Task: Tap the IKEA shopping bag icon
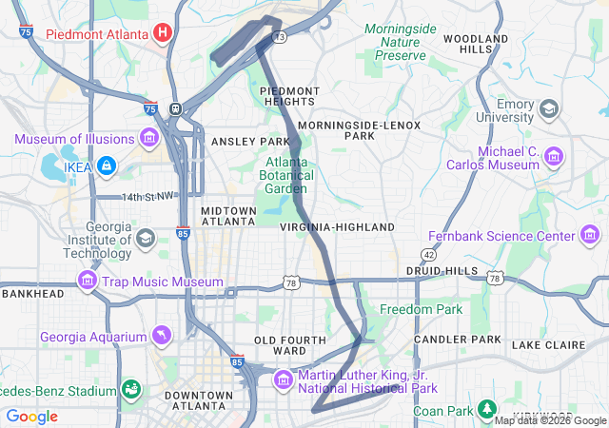tap(105, 165)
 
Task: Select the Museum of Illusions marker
tap(148, 139)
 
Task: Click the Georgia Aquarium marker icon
tap(163, 337)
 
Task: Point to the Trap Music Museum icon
tap(88, 282)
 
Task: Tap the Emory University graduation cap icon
tap(549, 108)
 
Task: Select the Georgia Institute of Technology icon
tap(146, 237)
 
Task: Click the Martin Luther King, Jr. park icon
tap(284, 381)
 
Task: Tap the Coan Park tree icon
tap(487, 409)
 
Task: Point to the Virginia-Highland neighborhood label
tap(337, 228)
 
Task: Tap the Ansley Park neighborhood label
tap(243, 142)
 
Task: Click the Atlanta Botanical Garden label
tap(286, 175)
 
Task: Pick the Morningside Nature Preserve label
tap(400, 43)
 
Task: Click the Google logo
tap(32, 417)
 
